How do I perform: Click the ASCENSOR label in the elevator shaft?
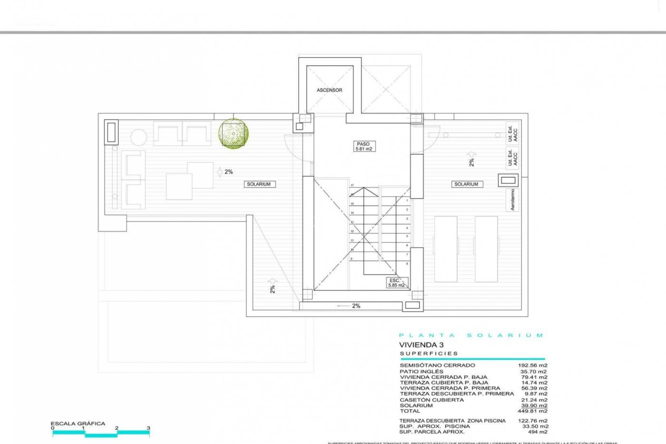coord(329,90)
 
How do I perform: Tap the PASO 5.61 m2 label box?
coord(363,146)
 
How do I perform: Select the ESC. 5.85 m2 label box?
coord(396,283)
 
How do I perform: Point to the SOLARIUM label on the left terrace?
coord(259,184)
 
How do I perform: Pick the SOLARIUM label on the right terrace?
coord(466,184)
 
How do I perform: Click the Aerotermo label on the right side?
coord(512,200)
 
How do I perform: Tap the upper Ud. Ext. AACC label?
coord(512,133)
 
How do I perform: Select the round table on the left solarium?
coord(138,137)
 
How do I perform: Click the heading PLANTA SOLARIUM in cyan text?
coord(471,335)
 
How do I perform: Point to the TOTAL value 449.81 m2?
coord(532,411)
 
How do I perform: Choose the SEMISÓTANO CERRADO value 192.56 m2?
coord(532,365)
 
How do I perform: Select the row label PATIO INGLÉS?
coord(421,371)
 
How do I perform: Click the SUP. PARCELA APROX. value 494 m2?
coord(537,432)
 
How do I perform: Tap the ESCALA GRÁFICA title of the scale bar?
coord(78,424)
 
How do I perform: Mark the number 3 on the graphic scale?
coord(148,428)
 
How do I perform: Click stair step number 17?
coord(352,186)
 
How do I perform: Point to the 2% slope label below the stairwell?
coord(356,306)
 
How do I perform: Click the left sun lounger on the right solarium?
coord(446,249)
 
